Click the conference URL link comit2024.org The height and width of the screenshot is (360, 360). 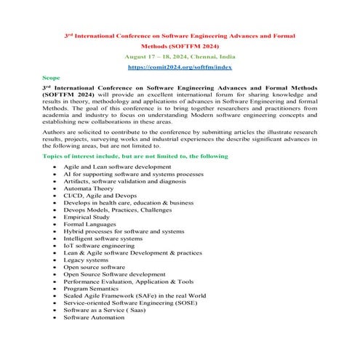coord(180,66)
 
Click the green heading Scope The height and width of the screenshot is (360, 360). coord(51,76)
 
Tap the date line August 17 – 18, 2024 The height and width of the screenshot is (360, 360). coord(180,55)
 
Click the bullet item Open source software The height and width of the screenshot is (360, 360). coord(94,267)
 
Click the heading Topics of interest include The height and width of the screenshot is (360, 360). coord(135,156)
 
